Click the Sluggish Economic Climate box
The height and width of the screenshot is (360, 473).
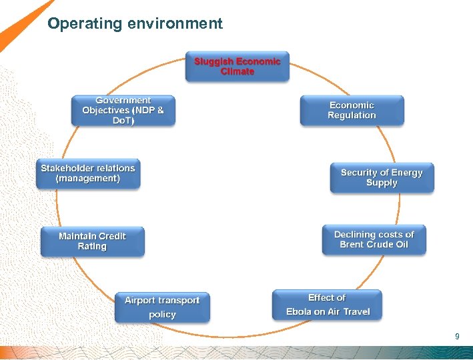pos(237,67)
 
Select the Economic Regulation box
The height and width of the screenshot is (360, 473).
pos(352,110)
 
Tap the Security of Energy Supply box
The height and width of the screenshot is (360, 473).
pos(382,177)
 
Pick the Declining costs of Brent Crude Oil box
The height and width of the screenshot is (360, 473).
pos(374,239)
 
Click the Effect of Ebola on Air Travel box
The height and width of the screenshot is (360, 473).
pos(327,305)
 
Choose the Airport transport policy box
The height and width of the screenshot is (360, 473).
pos(162,307)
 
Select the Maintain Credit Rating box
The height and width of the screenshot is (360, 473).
pos(92,241)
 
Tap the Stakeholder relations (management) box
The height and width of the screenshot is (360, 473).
pos(88,173)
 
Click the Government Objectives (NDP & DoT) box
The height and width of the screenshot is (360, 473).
pos(123,111)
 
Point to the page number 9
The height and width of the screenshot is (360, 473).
pos(457,337)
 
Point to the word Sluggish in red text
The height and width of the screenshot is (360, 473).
pos(213,61)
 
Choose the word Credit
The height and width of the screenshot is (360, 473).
pos(111,236)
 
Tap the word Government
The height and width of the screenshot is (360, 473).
pos(123,101)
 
